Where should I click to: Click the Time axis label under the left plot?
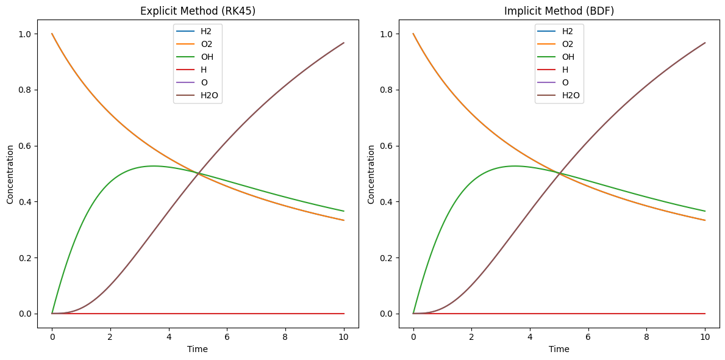(x=198, y=349)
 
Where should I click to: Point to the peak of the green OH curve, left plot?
(x=152, y=166)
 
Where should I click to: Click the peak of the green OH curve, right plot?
(x=514, y=166)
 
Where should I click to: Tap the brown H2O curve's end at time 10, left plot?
(x=344, y=43)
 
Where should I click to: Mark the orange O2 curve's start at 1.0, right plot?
(x=413, y=34)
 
